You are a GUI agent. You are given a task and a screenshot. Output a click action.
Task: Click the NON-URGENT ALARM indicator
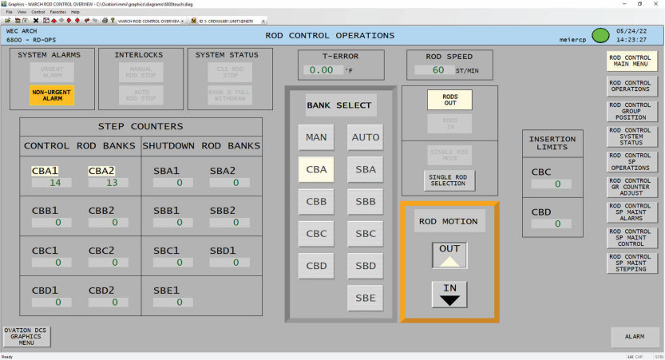pos(52,95)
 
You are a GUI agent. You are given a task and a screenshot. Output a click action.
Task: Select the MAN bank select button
pos(316,137)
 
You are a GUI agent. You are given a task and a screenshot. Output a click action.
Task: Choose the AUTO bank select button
pos(366,137)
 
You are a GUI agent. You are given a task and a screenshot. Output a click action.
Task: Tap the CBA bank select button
pos(316,169)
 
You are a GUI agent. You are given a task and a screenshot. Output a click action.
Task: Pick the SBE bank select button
pos(366,298)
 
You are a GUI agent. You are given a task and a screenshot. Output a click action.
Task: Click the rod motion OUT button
pos(449,255)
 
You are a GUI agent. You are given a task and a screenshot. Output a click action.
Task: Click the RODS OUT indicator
pos(449,100)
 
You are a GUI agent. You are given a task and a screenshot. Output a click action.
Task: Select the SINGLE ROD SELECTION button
pos(449,180)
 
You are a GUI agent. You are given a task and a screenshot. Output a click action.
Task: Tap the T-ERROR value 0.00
pos(323,70)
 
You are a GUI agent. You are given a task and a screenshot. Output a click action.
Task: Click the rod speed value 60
pos(437,70)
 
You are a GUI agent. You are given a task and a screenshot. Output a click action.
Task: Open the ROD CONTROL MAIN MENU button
pos(631,61)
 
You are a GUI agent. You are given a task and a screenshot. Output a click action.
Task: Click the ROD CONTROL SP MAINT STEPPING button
pos(631,263)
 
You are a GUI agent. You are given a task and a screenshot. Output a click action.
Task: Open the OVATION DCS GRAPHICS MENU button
pos(26,336)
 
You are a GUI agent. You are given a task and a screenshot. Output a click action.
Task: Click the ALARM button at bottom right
pos(635,337)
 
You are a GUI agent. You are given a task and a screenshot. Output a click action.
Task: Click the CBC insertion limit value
pos(552,184)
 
